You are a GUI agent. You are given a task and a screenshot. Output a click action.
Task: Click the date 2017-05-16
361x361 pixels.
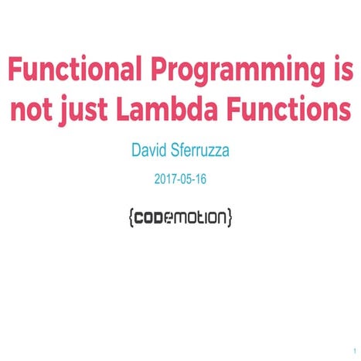point(180,179)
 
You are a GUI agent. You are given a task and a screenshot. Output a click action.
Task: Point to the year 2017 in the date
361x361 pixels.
point(165,179)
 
